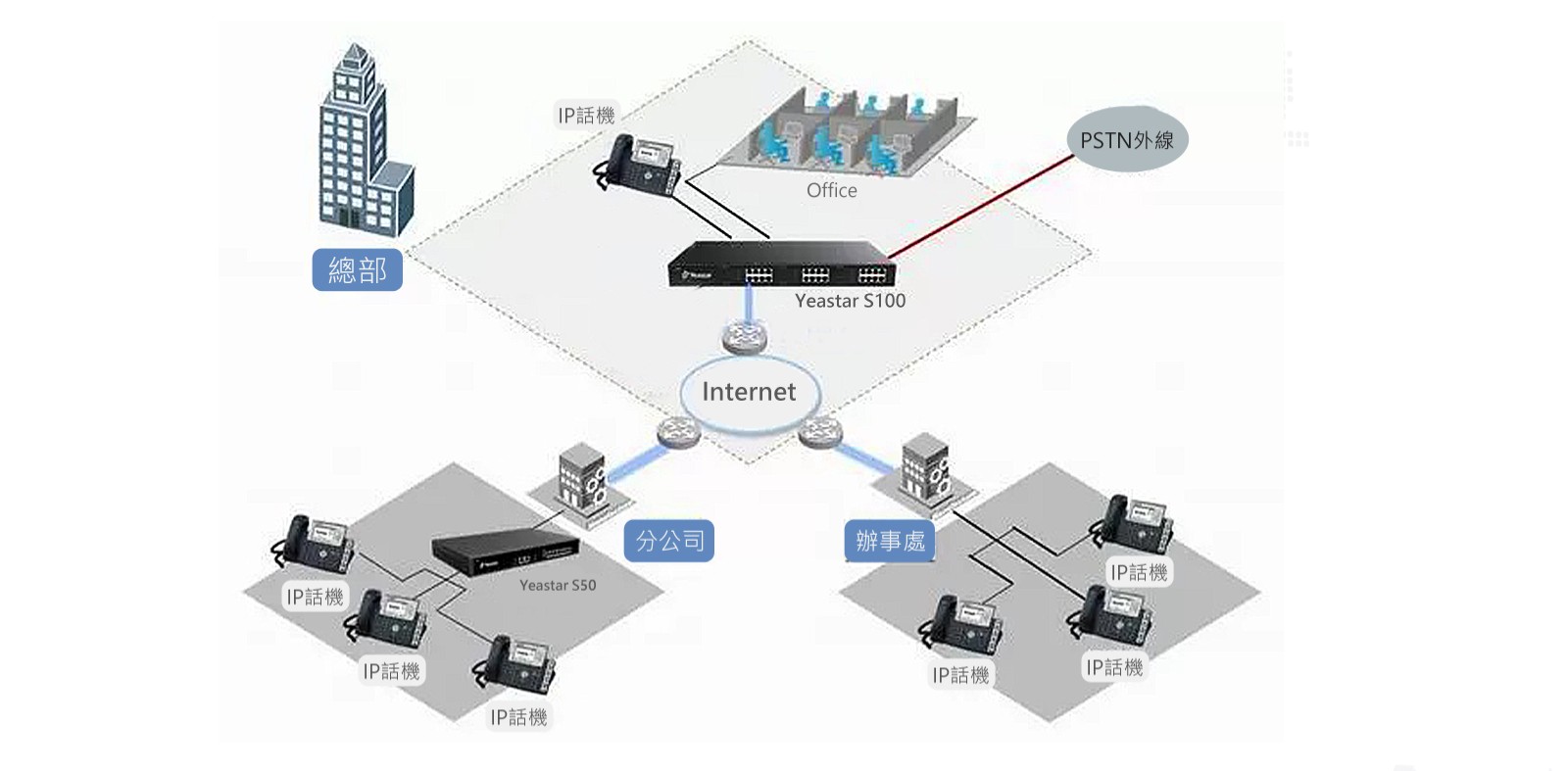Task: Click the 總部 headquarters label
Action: pyautogui.click(x=357, y=269)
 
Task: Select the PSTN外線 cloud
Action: pyautogui.click(x=1127, y=140)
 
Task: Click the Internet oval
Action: pyautogui.click(x=750, y=392)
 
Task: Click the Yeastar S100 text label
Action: pyautogui.click(x=850, y=301)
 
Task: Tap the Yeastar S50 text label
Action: pyautogui.click(x=557, y=585)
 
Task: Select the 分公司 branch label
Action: pyautogui.click(x=668, y=541)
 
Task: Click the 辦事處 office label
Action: pyautogui.click(x=890, y=541)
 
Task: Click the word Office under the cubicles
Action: pyautogui.click(x=831, y=191)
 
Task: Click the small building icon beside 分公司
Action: pyautogui.click(x=579, y=476)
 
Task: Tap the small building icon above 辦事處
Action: pyautogui.click(x=925, y=467)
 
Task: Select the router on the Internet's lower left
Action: pyautogui.click(x=677, y=431)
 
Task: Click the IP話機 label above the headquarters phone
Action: pyautogui.click(x=586, y=116)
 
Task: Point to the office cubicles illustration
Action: pyautogui.click(x=849, y=135)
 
